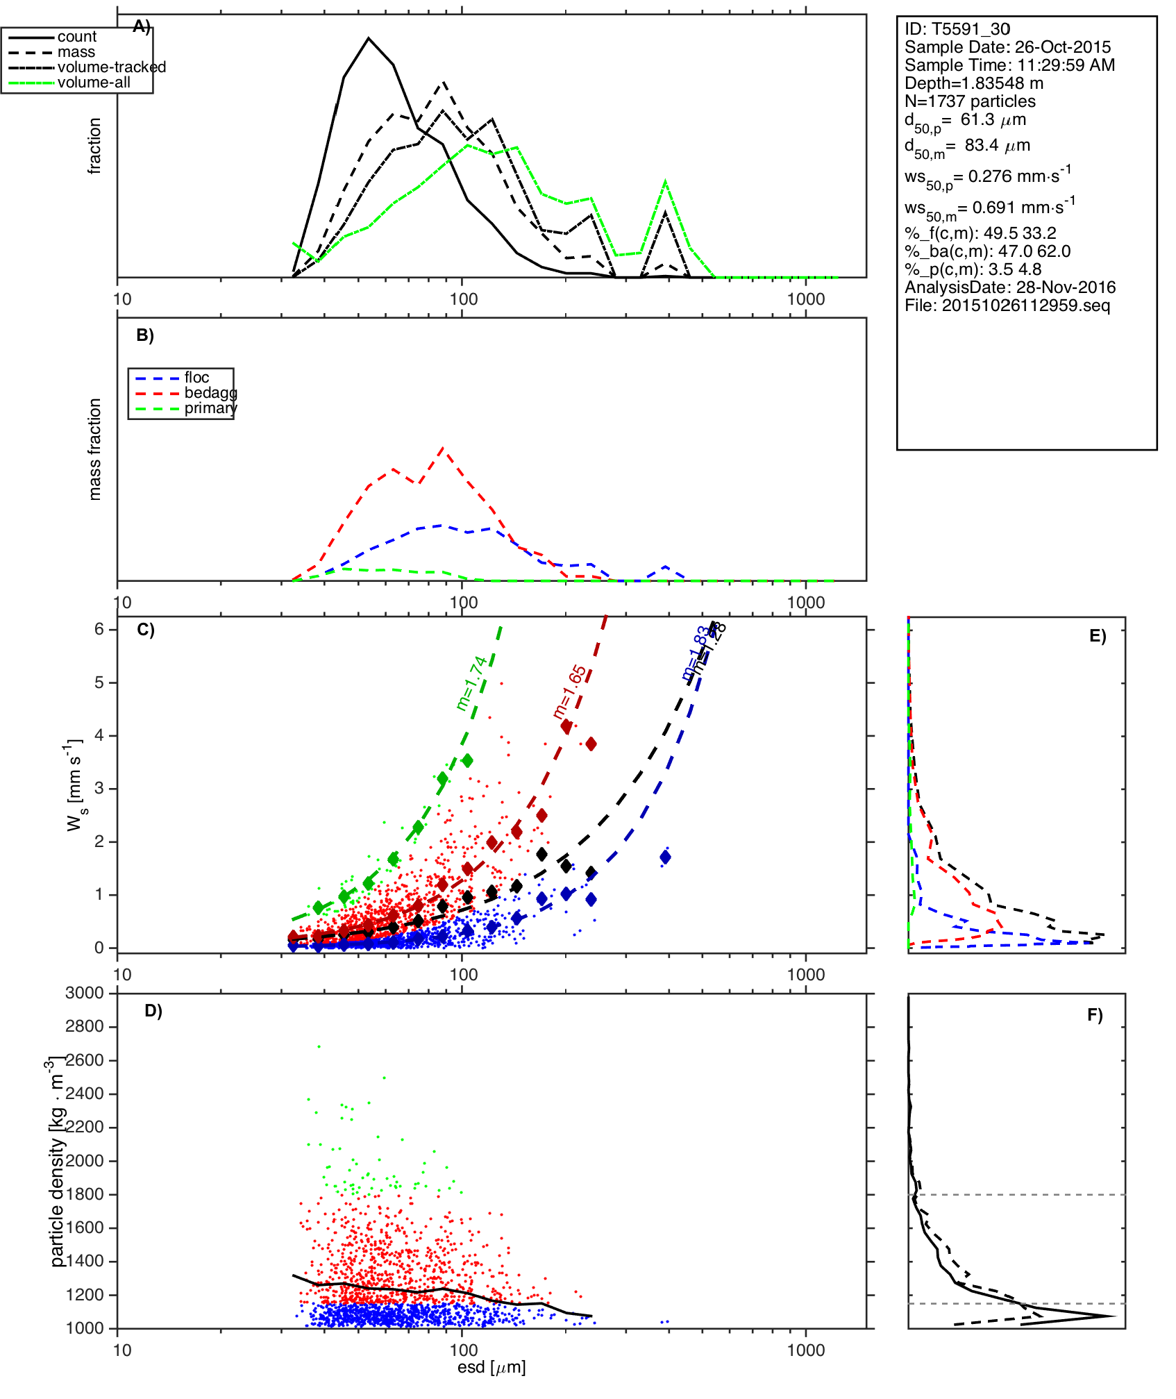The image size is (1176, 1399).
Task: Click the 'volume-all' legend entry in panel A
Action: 94,83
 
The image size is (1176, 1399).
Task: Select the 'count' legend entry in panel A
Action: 76,37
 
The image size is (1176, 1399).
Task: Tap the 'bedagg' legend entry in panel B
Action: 210,393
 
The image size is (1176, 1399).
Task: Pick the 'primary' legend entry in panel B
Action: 210,408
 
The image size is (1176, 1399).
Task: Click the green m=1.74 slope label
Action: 472,683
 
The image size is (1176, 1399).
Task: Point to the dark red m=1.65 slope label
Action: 570,692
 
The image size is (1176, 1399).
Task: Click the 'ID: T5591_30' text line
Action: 957,29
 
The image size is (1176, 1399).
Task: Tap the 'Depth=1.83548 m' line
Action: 973,83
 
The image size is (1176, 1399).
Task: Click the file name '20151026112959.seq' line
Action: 1007,305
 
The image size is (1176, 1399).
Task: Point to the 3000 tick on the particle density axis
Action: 85,993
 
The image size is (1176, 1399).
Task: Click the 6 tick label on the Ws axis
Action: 99,629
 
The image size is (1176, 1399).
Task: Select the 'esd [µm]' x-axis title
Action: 492,1367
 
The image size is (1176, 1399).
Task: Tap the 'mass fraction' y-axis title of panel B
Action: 95,449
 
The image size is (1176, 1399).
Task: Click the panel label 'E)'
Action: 1098,636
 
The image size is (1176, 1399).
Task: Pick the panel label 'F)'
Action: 1095,1015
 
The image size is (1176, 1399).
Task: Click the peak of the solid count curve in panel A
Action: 369,38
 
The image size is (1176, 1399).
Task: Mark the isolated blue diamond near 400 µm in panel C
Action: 665,857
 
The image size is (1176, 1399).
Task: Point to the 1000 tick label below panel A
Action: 806,299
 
